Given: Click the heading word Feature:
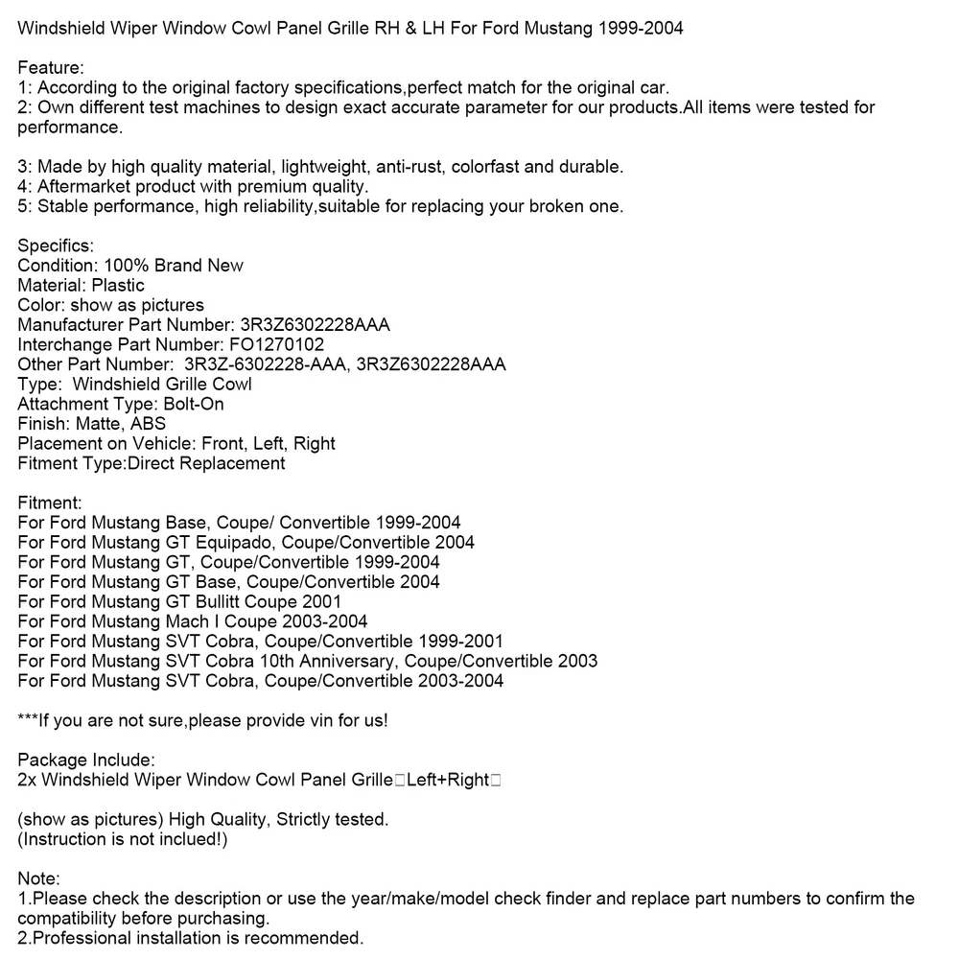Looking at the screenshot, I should (x=51, y=67).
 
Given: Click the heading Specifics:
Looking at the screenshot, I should (x=56, y=246).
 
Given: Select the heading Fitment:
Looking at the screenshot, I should (x=50, y=503).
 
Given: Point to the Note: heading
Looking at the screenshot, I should (x=39, y=878).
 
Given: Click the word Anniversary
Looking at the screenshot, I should (x=347, y=661).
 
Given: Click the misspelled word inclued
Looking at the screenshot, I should (x=191, y=839).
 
